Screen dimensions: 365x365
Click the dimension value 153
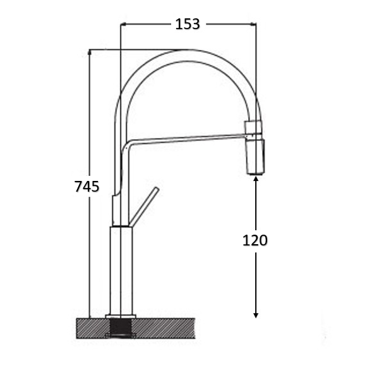(x=188, y=24)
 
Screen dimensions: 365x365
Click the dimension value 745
(x=87, y=187)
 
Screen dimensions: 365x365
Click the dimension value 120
(x=255, y=240)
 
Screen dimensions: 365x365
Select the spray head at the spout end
(x=256, y=156)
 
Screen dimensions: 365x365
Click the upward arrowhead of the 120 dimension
(x=256, y=179)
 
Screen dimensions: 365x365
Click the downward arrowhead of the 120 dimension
(x=256, y=314)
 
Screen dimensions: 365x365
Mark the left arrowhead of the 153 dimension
(x=123, y=24)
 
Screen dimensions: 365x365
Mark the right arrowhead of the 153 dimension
(x=253, y=24)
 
